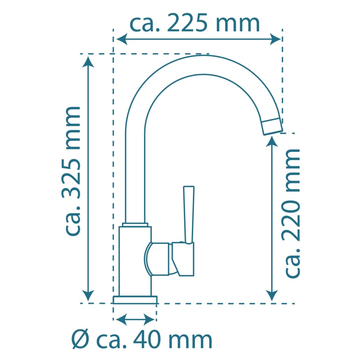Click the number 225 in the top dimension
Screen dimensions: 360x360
[187, 23]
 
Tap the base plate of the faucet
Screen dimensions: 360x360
[135, 300]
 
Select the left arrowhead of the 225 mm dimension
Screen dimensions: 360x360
[122, 39]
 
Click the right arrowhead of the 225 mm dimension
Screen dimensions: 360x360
[275, 39]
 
